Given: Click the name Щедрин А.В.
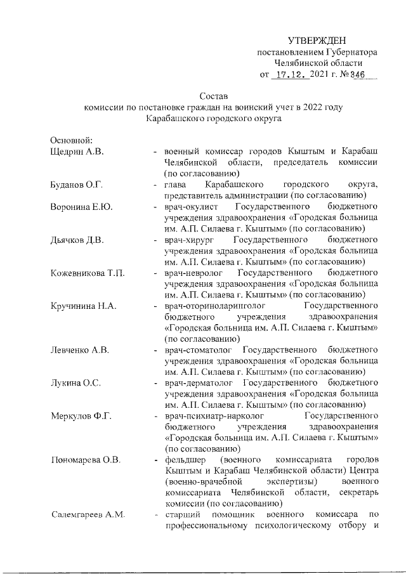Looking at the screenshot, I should coord(76,152).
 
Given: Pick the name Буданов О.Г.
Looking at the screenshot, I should coord(76,185).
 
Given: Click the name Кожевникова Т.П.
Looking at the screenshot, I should coord(87,273).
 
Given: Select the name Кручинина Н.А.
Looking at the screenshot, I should coord(82,306).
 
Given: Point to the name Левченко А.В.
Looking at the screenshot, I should coord(80,350).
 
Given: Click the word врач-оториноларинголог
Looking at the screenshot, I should coord(214,306).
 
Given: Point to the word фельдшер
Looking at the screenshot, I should coord(184,459).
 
